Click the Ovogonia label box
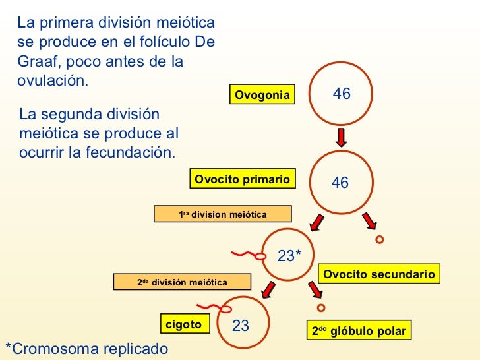tap(262, 95)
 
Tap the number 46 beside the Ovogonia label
tap(342, 94)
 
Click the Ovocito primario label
tap(242, 179)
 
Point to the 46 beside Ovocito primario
tap(340, 183)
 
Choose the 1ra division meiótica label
tap(222, 214)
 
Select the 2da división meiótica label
tap(182, 282)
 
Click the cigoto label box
tap(183, 324)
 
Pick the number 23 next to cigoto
tap(241, 326)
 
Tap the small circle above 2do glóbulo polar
tap(321, 307)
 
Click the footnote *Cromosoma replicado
tap(86, 349)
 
